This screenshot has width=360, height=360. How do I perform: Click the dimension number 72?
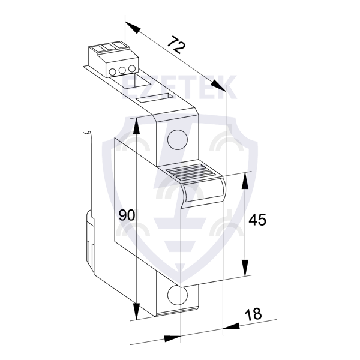[176, 45]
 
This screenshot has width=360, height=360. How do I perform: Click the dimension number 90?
[127, 215]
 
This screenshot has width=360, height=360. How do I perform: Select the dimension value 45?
[257, 220]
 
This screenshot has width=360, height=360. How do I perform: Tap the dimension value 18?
[253, 314]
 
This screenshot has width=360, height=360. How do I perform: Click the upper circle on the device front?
[178, 140]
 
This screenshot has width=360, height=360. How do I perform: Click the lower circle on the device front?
[178, 295]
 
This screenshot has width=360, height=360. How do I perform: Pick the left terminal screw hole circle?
[113, 72]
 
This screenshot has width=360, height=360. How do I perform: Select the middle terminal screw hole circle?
[122, 70]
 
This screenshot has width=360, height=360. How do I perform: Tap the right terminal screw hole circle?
[132, 68]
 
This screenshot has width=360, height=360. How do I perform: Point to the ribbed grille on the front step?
[191, 172]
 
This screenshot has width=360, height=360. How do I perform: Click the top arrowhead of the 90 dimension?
[136, 126]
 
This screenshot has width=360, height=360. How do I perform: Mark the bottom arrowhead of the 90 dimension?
[136, 311]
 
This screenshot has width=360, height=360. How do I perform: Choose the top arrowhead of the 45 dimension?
[245, 181]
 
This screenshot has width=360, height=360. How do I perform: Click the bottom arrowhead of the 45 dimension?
[245, 268]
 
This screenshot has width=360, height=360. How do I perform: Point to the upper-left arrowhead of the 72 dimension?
[133, 28]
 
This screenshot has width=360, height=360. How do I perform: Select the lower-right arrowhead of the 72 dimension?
[219, 86]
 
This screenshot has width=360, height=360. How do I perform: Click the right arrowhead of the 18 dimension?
[231, 327]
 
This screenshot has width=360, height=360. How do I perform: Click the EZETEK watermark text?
[179, 87]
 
